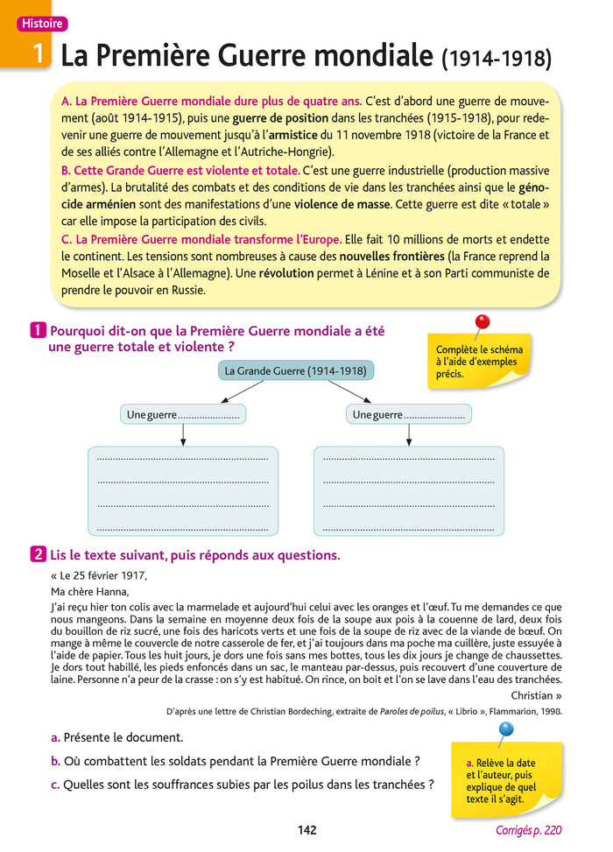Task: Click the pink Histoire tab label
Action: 42,24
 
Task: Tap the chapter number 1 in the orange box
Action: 39,54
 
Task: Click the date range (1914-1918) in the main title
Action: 498,59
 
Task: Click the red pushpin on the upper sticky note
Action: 481,323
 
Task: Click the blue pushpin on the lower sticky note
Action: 505,729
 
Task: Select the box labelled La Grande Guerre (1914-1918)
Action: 295,371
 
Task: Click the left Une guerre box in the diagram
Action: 182,414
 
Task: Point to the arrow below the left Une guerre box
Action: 182,434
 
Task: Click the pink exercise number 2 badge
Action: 39,554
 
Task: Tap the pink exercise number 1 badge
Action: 39,331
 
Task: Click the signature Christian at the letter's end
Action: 532,695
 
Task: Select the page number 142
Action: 306,830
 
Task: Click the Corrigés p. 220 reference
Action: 528,830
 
